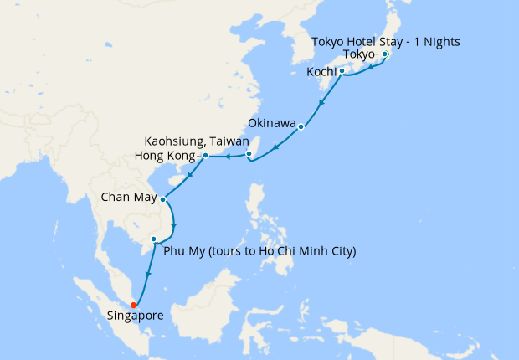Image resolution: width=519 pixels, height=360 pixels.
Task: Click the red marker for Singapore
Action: click(x=133, y=306)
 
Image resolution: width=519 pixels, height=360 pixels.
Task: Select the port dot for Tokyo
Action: click(x=384, y=54)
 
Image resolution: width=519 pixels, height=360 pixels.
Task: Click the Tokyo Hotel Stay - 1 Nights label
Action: click(x=386, y=41)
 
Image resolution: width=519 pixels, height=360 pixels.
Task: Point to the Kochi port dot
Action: click(x=342, y=72)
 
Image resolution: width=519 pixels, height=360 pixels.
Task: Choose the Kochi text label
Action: click(x=321, y=72)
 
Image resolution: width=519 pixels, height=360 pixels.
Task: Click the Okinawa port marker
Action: click(x=301, y=128)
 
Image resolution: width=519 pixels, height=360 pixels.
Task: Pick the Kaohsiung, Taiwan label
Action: click(x=197, y=141)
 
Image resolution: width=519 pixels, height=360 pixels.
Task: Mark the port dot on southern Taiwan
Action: click(x=249, y=154)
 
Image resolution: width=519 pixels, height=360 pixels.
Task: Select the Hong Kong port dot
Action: click(x=205, y=156)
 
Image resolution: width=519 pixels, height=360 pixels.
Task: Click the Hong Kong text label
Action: click(x=167, y=156)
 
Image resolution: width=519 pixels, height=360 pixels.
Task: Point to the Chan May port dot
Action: click(x=162, y=200)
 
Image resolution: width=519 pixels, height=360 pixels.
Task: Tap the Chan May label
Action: click(x=128, y=200)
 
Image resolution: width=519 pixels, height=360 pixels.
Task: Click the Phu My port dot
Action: click(x=153, y=240)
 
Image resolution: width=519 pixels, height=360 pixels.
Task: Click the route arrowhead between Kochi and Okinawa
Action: click(x=321, y=103)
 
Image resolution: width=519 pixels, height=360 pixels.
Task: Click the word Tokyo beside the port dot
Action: click(x=359, y=54)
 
